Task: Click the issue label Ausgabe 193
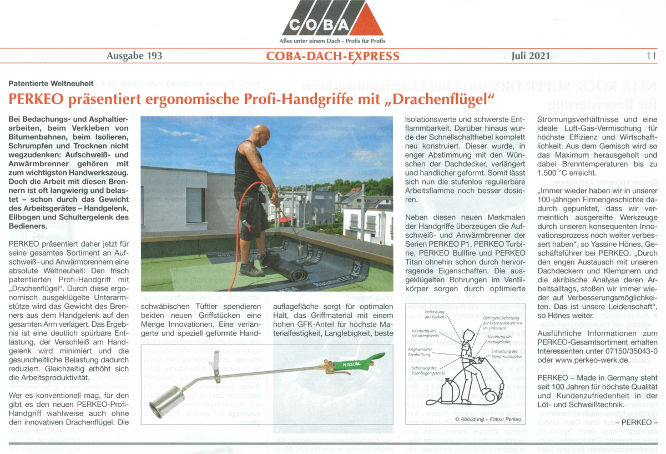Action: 134,56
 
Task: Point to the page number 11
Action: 651,56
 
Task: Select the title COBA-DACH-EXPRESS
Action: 332,56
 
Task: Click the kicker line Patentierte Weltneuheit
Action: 51,83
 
